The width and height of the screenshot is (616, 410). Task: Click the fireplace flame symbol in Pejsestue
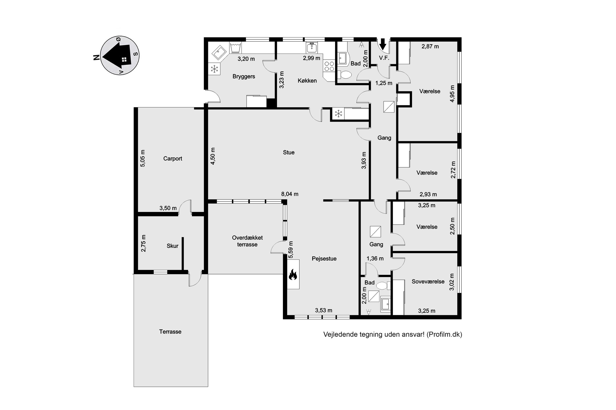click(293, 275)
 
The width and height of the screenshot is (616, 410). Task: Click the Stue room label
click(289, 152)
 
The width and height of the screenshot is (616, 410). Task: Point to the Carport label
click(172, 159)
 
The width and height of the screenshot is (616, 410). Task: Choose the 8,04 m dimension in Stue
click(290, 194)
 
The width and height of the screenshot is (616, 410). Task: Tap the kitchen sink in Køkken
click(312, 48)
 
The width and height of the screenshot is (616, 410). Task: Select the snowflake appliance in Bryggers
click(215, 69)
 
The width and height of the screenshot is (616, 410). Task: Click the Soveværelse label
click(428, 282)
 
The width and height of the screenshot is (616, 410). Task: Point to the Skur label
click(172, 246)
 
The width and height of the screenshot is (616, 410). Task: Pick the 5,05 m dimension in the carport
click(142, 158)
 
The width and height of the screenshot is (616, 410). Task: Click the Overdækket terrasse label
click(247, 241)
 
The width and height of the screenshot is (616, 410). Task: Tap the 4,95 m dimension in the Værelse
click(452, 93)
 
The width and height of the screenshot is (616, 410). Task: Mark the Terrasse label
click(170, 331)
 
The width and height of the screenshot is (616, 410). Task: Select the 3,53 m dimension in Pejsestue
click(324, 310)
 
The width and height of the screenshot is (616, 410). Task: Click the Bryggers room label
click(244, 77)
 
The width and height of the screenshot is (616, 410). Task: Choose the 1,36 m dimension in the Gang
click(375, 259)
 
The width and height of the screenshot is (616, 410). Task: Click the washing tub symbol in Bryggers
click(235, 48)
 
